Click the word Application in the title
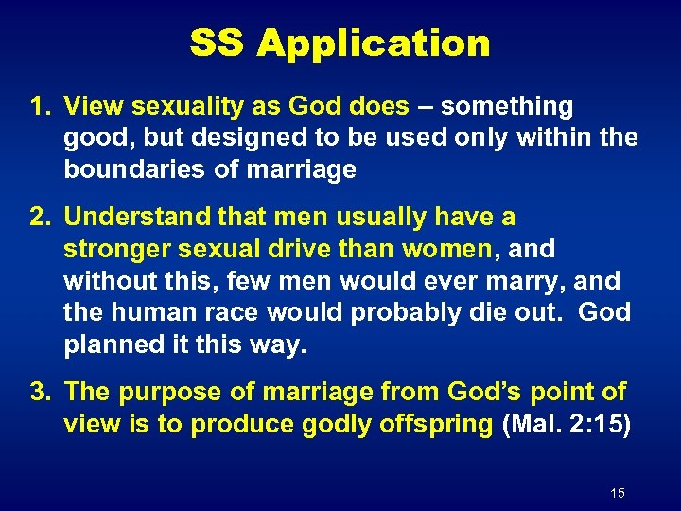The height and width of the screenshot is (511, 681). [375, 44]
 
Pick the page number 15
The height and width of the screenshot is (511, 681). [618, 493]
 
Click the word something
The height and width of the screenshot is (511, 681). [507, 107]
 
